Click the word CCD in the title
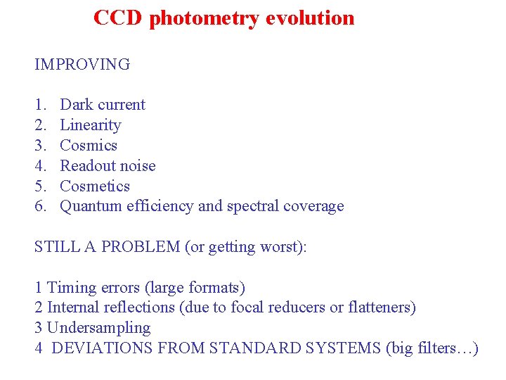pos(118,18)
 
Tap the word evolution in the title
pos(310,18)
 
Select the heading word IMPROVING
pos(82,65)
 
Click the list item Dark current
pos(103,105)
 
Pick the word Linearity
pos(91,125)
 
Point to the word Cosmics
pos(89,146)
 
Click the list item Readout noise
pos(108,166)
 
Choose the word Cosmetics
pos(95,186)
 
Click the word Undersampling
pos(98,329)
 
